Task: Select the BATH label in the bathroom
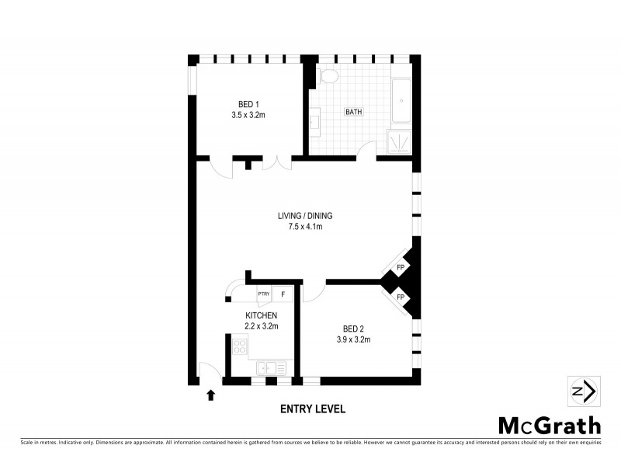tap(354, 112)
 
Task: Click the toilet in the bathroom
tap(328, 76)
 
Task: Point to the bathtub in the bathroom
tap(401, 101)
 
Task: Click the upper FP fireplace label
tap(401, 268)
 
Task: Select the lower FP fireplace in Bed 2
tap(401, 297)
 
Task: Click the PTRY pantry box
tap(263, 294)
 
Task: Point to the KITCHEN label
tap(261, 315)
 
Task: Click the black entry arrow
tap(210, 395)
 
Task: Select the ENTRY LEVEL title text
tap(313, 409)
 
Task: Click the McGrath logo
tap(549, 426)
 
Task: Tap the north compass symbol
tap(582, 391)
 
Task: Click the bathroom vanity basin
tap(314, 122)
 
